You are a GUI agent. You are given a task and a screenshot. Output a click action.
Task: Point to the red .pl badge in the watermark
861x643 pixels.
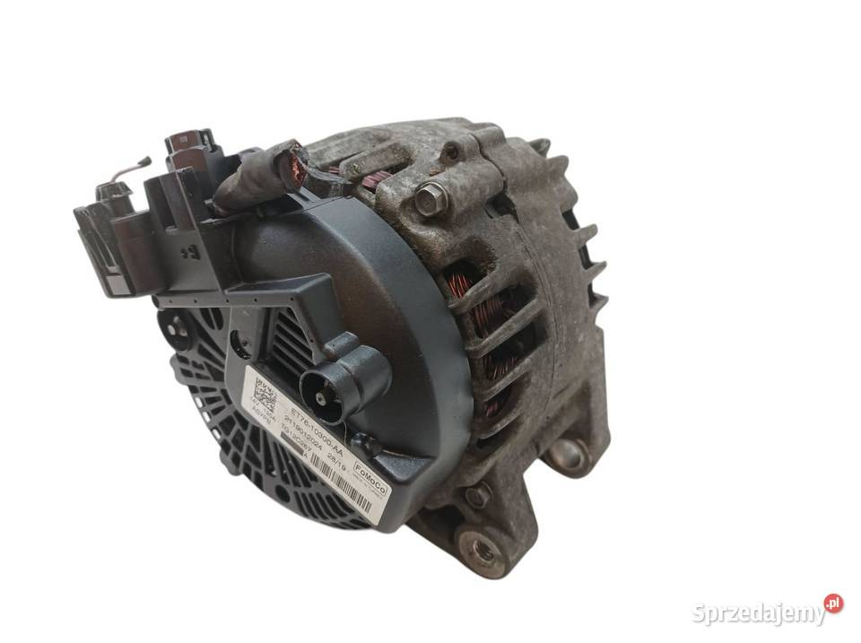[834, 604]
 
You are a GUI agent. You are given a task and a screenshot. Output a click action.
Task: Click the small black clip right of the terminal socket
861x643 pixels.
[365, 443]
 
